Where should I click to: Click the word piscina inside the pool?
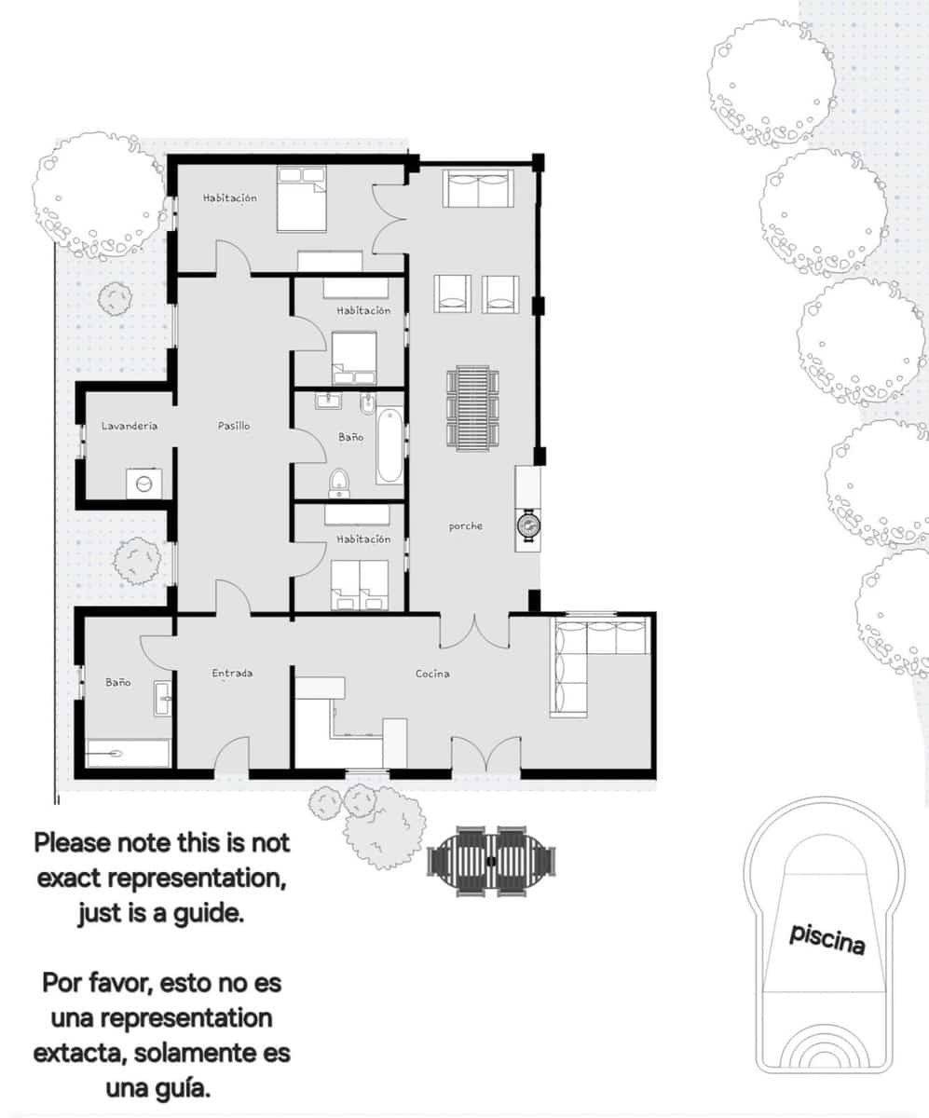pyautogui.click(x=827, y=939)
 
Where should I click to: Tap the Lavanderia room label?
pyautogui.click(x=130, y=426)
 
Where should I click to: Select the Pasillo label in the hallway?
pyautogui.click(x=234, y=426)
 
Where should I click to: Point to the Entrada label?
pyautogui.click(x=232, y=673)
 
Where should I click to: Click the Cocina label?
pyautogui.click(x=432, y=674)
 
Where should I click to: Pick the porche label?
pyautogui.click(x=466, y=526)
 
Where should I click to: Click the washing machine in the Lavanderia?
pyautogui.click(x=144, y=484)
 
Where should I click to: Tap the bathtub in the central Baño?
pyautogui.click(x=389, y=446)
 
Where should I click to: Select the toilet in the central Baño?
pyautogui.click(x=339, y=482)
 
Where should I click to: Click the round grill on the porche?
pyautogui.click(x=528, y=525)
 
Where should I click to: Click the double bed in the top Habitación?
pyautogui.click(x=301, y=198)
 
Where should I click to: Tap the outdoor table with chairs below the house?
pyautogui.click(x=491, y=861)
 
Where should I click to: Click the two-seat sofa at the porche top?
pyautogui.click(x=478, y=188)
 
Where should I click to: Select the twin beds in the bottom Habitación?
pyautogui.click(x=360, y=584)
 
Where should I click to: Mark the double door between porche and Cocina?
pyautogui.click(x=475, y=630)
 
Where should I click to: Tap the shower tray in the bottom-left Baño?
pyautogui.click(x=128, y=753)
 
